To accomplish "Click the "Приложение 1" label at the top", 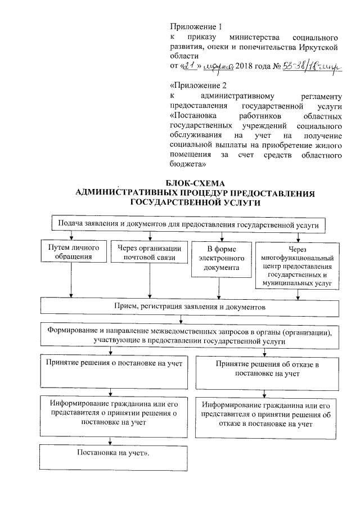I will pos(192,26).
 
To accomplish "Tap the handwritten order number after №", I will pos(310,67).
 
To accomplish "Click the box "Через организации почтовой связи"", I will pos(149,253).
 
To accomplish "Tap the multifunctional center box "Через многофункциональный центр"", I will pos(298,265).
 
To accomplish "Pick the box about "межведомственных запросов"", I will pos(189,336).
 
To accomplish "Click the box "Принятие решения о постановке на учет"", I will pos(114,371).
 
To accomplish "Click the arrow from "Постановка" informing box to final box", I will pos(110,440).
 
